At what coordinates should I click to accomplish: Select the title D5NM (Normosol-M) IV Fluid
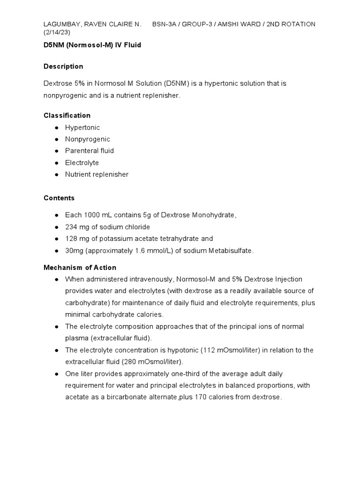(x=92, y=45)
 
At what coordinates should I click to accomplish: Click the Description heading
(x=63, y=67)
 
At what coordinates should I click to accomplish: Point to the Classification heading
(x=67, y=115)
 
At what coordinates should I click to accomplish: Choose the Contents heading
(x=59, y=198)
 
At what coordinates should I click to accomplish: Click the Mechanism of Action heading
(x=80, y=268)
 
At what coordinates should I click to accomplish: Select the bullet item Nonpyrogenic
(x=88, y=139)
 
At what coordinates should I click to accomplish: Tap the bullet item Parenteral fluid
(x=90, y=151)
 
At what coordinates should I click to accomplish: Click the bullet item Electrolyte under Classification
(x=82, y=163)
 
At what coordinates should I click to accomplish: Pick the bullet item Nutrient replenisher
(x=97, y=174)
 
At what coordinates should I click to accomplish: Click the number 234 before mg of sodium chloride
(x=71, y=227)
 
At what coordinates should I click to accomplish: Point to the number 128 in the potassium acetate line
(x=71, y=239)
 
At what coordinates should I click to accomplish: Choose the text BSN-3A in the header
(x=165, y=24)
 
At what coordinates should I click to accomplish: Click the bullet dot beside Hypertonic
(x=56, y=127)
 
